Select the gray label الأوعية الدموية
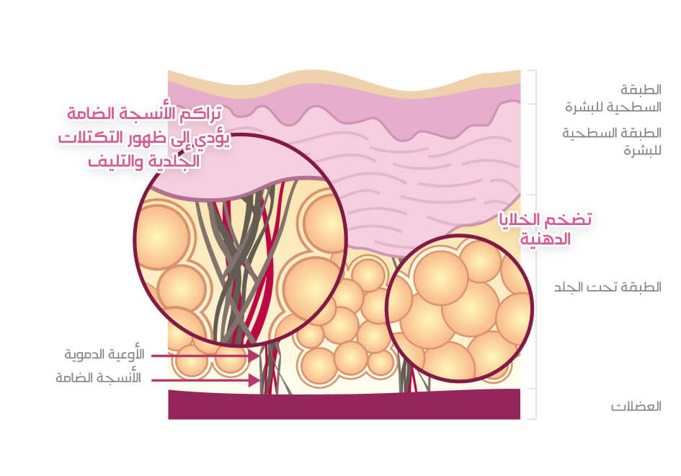click(104, 355)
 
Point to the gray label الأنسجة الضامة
click(104, 378)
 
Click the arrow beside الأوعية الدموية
click(205, 356)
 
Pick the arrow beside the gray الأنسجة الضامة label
click(205, 378)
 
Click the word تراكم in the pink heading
click(201, 114)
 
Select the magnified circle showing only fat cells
click(460, 308)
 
